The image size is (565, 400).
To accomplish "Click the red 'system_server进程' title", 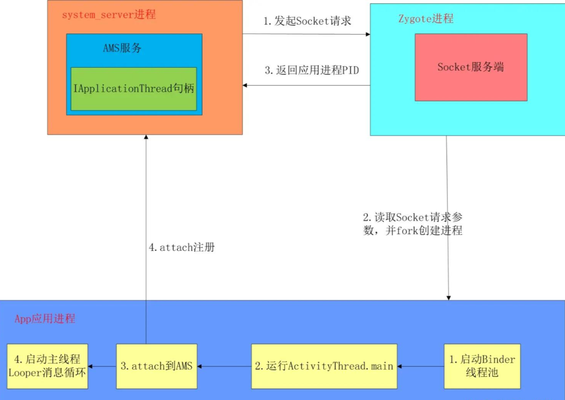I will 108,15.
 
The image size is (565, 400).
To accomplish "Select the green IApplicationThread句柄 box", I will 133,89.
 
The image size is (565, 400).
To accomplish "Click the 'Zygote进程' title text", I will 426,19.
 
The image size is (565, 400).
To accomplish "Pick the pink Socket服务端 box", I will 471,67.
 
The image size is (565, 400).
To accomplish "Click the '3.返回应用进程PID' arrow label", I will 311,71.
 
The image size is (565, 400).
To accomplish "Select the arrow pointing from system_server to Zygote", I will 306,34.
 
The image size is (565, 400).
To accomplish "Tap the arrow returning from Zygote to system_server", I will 306,85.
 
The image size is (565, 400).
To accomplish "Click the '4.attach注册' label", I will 182,247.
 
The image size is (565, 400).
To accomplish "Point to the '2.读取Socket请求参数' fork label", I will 413,224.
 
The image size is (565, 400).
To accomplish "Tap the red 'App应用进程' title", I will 45,319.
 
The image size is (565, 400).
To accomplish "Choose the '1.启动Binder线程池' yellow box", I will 482,366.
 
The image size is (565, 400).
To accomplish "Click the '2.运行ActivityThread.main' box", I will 324,366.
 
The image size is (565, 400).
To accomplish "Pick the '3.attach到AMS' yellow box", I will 156,366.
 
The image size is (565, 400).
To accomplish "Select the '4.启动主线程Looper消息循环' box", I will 47,366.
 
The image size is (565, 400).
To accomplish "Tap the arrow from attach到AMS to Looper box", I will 102,366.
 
